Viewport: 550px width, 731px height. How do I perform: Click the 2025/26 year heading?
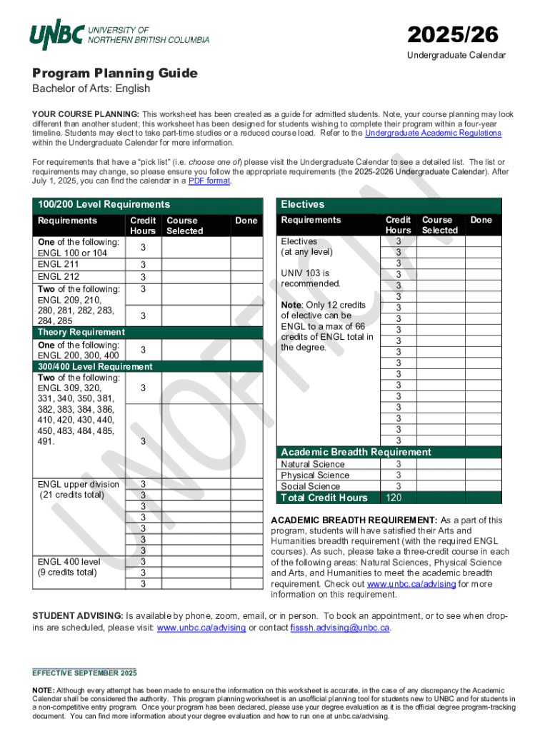click(453, 34)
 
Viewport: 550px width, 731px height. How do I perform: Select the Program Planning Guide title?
click(114, 74)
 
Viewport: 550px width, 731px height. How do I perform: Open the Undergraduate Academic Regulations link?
click(433, 133)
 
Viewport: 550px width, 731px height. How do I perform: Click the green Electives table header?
click(302, 204)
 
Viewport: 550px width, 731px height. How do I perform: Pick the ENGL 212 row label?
click(59, 277)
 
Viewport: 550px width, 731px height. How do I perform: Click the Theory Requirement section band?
click(81, 332)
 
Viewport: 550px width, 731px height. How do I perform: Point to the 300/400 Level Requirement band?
click(94, 366)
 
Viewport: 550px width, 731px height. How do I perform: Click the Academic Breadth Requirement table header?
click(356, 452)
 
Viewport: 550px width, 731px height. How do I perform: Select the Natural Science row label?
click(313, 464)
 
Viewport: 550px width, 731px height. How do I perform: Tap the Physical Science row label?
click(315, 475)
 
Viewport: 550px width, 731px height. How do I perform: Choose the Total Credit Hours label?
click(324, 498)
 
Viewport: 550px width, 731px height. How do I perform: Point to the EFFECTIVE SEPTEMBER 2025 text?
click(84, 673)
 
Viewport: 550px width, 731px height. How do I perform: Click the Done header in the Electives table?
click(481, 220)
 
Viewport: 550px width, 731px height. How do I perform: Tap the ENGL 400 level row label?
click(70, 561)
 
